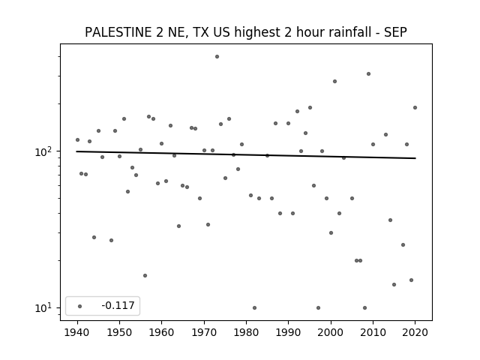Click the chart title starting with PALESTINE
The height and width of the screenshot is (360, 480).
point(246,32)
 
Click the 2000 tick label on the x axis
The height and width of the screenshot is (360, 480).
point(331,332)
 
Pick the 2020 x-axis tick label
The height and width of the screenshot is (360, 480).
point(415,332)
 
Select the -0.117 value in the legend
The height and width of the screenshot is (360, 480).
point(118,305)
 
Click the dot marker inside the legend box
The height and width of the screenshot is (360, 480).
point(80,306)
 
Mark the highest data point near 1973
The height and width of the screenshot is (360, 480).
point(217,57)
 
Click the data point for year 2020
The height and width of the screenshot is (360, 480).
point(415,107)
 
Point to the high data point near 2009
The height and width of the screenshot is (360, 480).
point(368,73)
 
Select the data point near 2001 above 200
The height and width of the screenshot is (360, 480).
point(335,82)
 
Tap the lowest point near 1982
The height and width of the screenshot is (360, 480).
point(255,307)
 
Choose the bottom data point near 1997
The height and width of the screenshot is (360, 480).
point(318,307)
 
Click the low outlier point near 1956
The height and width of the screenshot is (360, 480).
point(145,275)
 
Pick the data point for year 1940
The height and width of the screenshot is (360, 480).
point(77,140)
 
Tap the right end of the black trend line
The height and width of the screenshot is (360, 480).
point(415,158)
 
